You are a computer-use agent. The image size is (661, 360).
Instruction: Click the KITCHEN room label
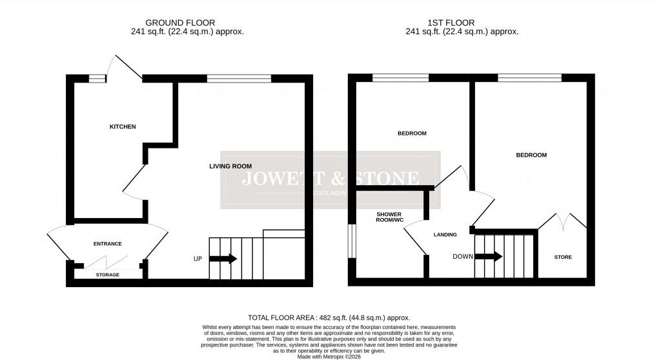coord(122,126)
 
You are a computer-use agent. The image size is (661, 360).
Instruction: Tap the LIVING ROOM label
coord(230,166)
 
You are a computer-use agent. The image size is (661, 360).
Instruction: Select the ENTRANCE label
coord(108,244)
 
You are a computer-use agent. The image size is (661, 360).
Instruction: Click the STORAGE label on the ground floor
coord(108,275)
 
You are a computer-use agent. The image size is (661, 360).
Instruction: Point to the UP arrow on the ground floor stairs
coord(223,259)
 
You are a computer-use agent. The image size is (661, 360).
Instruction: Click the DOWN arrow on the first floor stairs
coord(489,257)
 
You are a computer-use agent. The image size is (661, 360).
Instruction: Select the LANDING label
coord(445,235)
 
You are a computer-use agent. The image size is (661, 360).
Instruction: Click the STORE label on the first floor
coord(563,257)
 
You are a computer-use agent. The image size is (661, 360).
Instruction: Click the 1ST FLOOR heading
coord(462,23)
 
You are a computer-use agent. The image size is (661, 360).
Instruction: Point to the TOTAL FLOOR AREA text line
coord(330,317)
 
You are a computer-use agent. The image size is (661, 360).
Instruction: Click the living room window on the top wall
coord(239,78)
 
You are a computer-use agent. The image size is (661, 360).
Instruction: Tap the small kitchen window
coord(97,78)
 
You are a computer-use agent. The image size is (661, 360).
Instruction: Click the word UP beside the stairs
coord(198,259)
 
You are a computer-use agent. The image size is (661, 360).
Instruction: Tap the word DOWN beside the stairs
coord(462,257)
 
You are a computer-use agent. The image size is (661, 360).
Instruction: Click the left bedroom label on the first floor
coord(411,134)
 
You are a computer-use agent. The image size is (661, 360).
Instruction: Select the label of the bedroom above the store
coord(531,155)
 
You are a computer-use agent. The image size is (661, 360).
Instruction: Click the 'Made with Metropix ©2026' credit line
coord(330,353)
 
